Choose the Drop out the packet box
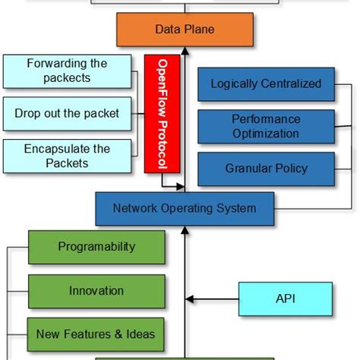click(67, 113)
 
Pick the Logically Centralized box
click(265, 84)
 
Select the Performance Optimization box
click(265, 127)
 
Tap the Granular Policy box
click(265, 169)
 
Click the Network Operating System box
click(185, 208)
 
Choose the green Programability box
click(96, 247)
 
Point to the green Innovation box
click(96, 290)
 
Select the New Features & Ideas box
click(96, 333)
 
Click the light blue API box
click(286, 298)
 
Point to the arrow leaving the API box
click(213, 299)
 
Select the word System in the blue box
click(236, 208)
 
